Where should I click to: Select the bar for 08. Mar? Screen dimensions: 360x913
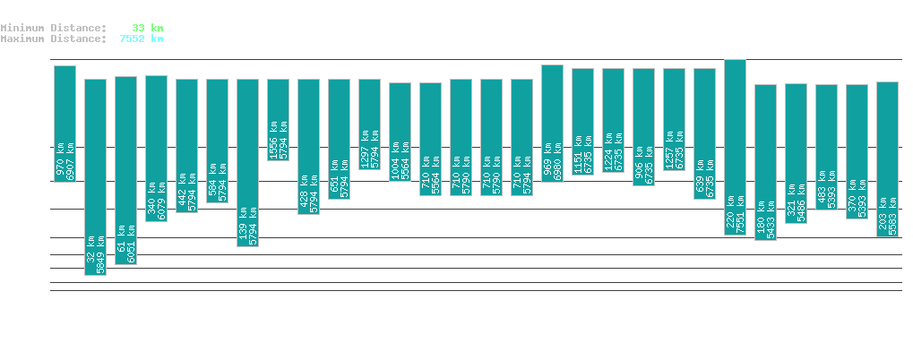[x=735, y=147]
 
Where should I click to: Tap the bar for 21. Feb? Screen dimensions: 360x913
[x=278, y=119]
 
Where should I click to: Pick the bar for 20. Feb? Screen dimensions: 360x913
[x=247, y=162]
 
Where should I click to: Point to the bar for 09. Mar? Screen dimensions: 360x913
[x=765, y=162]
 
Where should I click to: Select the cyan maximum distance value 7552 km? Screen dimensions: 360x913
[x=142, y=39]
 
